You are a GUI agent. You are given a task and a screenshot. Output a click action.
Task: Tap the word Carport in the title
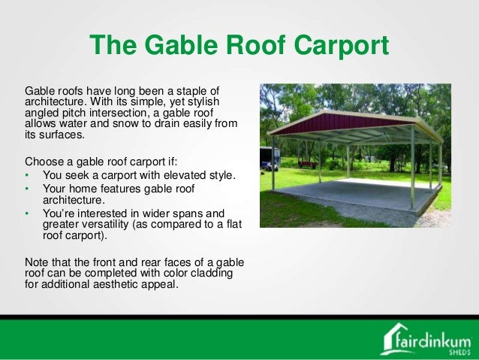pyautogui.click(x=341, y=46)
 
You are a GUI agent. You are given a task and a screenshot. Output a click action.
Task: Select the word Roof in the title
pyautogui.click(x=256, y=44)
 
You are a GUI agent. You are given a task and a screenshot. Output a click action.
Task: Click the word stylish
pyautogui.click(x=203, y=102)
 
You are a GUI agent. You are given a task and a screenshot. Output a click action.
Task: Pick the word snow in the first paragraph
pyautogui.click(x=124, y=123)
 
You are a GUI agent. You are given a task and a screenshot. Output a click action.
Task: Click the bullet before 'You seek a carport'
pyautogui.click(x=27, y=175)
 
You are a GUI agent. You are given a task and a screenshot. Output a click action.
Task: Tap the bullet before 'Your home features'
pyautogui.click(x=27, y=189)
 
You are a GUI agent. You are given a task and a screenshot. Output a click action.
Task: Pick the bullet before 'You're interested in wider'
pyautogui.click(x=27, y=213)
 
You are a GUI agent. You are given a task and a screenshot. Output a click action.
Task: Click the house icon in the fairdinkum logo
pyautogui.click(x=392, y=338)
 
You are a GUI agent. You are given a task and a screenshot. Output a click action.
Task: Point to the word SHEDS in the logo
pyautogui.click(x=459, y=352)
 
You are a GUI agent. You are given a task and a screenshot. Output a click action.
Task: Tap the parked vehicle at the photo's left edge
pyautogui.click(x=269, y=159)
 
